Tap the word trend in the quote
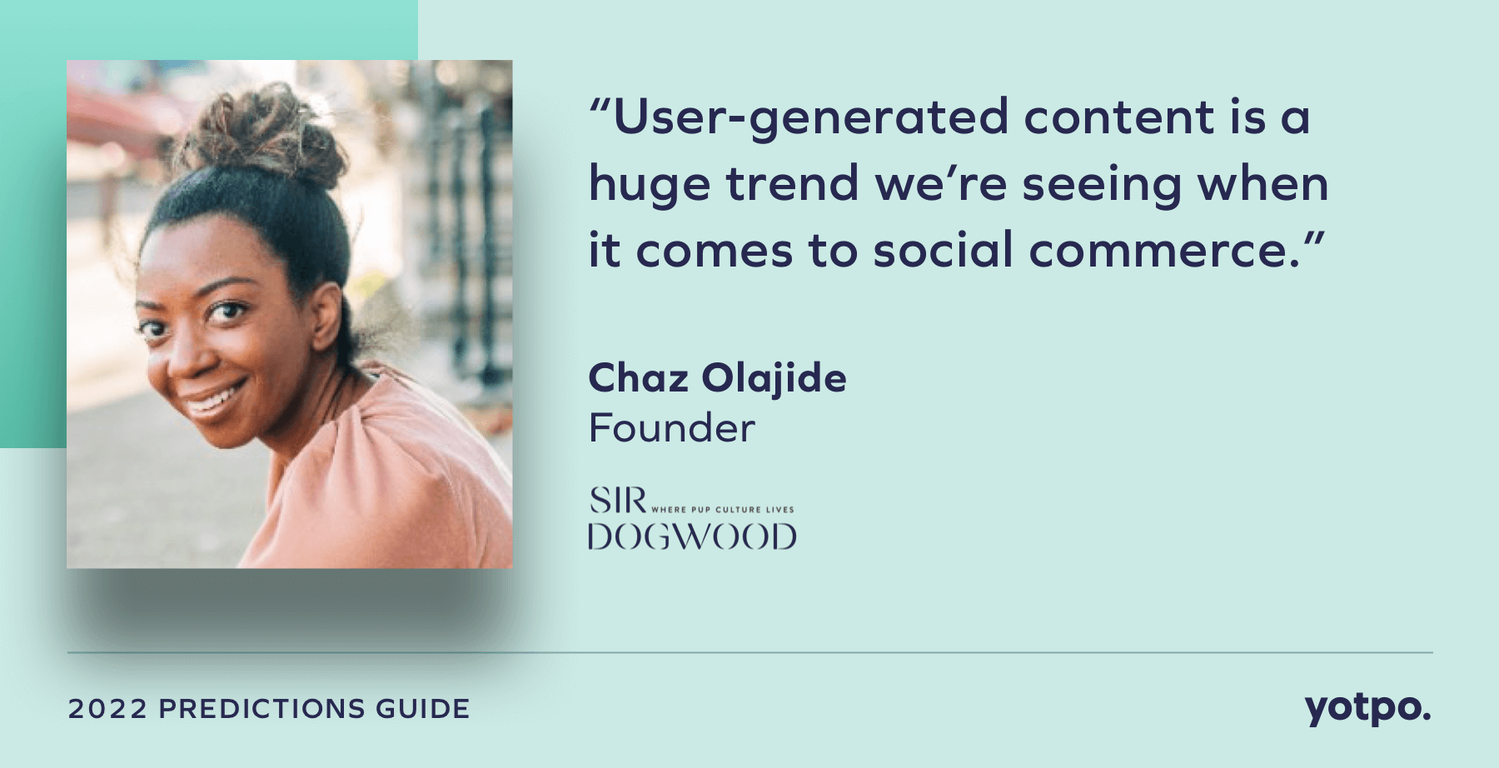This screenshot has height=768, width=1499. pos(792,183)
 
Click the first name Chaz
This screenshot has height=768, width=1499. pos(638,378)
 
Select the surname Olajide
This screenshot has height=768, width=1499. pos(774,380)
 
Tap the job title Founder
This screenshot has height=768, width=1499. pos(671,428)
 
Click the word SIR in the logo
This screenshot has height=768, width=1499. pos(618,501)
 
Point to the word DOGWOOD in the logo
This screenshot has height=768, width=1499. pos(692,537)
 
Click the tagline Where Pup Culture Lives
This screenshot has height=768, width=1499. pos(722,509)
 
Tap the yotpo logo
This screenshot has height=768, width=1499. pos(1367,709)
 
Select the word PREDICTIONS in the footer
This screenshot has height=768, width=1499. pos(261,709)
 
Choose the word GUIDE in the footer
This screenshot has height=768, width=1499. pos(422,709)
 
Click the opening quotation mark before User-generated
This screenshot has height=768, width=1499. pos(600,107)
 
